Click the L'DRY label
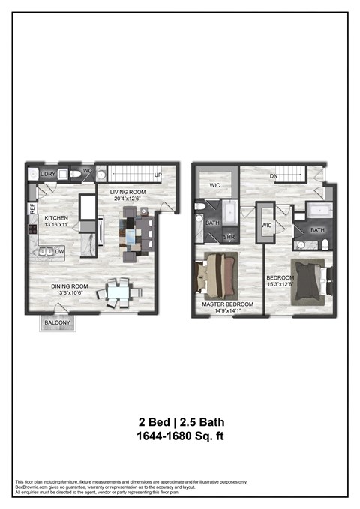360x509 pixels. [x=49, y=175]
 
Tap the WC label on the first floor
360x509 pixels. [x=86, y=171]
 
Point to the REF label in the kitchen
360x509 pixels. [x=32, y=209]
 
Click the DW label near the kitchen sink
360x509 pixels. [x=57, y=252]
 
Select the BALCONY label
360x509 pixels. [x=57, y=322]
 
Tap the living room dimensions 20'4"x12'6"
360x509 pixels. [x=128, y=199]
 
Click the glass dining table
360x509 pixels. [x=118, y=291]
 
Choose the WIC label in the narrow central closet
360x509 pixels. [x=265, y=225]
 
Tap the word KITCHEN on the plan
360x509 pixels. [x=46, y=217]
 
